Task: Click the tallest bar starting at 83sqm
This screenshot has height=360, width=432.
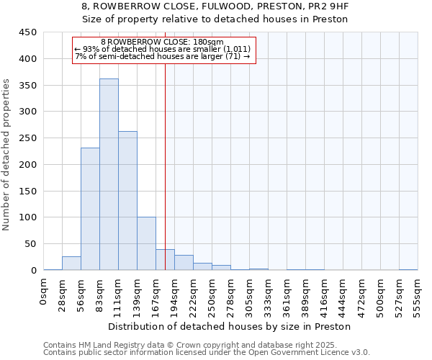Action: coord(109,175)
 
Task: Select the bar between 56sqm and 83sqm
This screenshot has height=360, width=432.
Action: coord(90,209)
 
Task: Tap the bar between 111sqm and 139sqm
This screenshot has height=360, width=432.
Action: coord(127,201)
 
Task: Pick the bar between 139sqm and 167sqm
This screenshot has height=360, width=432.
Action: coord(146,243)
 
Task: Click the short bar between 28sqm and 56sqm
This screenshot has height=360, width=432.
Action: coord(71,264)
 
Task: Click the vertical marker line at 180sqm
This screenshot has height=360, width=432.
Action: coord(165,166)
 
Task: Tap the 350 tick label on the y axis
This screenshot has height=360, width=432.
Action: coord(28,85)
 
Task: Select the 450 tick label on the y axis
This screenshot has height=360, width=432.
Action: coord(28,32)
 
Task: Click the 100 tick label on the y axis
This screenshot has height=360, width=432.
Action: coord(28,217)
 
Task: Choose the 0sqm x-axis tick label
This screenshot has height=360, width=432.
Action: coord(43,293)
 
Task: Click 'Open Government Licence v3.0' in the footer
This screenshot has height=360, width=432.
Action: coord(311,353)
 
